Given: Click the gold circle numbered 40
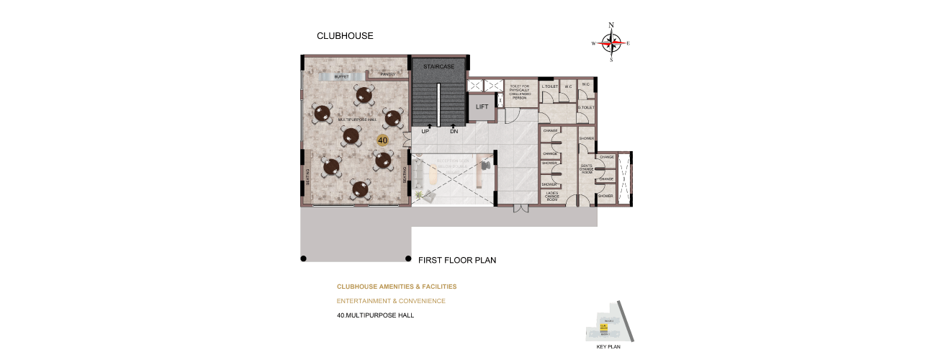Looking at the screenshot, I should pos(383,140).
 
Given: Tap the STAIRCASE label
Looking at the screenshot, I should pos(439,66).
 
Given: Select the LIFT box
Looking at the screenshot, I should pos(482,107).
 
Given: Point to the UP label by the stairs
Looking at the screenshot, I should pos(425,131).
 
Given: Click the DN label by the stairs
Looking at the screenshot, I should pos(454,131).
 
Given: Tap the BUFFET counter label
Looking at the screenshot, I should pos(341,76).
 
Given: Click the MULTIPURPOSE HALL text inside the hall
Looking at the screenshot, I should pos(357,120).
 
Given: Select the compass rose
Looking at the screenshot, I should pos(611,43).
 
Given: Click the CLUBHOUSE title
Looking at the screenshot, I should pos(346,35).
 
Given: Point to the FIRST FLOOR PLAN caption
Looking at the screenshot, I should pos(457,260).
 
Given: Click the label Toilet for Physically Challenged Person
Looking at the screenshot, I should pos(520,91).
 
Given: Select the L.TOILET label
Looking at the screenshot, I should pos(550,86).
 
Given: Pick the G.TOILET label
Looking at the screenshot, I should pos(586,107).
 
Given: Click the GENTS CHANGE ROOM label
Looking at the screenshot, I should pos(586,168).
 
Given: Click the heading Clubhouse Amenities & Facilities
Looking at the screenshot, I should pos(397,287).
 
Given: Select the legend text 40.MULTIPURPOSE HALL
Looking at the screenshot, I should pos(375,315).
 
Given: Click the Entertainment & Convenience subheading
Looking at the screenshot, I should pos(391,301).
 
